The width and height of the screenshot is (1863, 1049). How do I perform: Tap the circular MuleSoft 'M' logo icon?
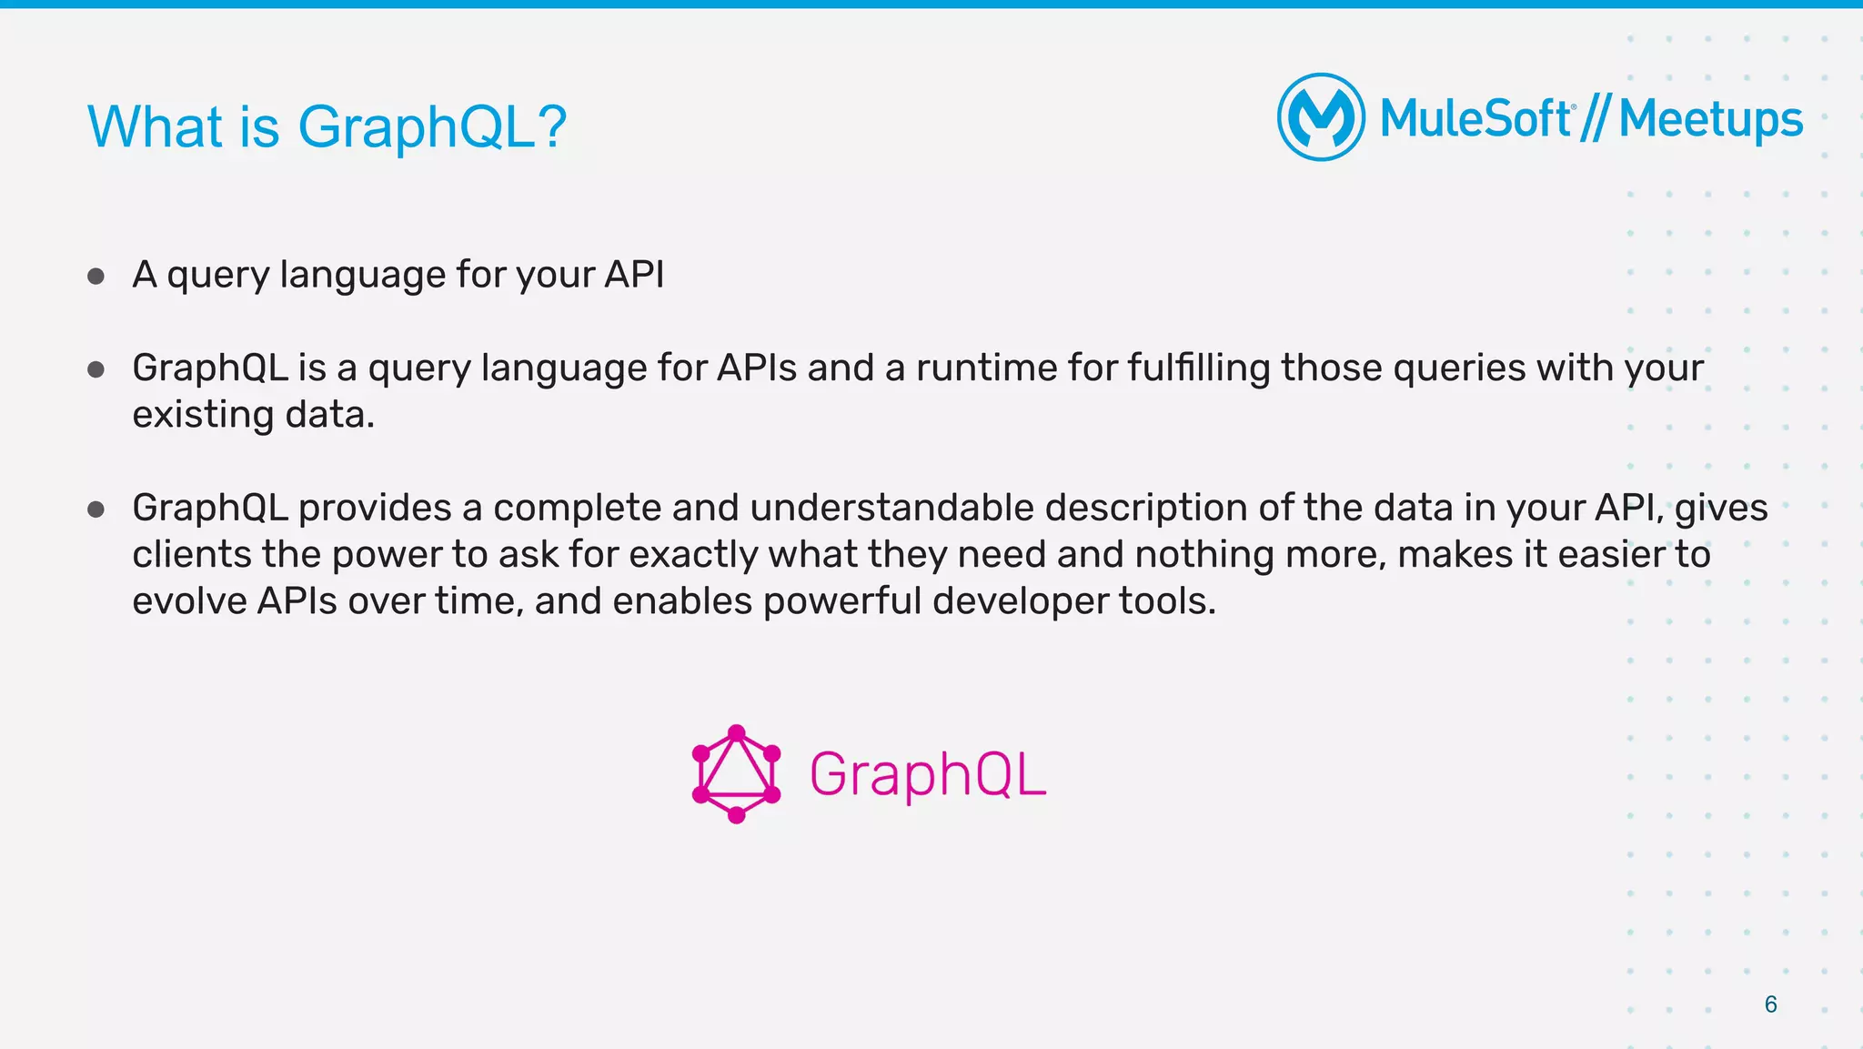[1321, 117]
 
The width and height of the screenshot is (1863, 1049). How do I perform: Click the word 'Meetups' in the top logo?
[1710, 119]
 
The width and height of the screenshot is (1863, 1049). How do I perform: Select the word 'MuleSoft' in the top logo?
[1475, 119]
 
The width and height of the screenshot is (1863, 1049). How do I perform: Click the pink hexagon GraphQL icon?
[737, 774]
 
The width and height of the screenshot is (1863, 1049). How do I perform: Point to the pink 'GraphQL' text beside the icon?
[927, 775]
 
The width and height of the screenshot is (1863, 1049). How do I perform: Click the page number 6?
[1770, 1004]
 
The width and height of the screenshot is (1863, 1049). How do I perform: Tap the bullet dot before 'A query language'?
[96, 276]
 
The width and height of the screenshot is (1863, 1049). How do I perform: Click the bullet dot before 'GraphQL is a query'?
[96, 369]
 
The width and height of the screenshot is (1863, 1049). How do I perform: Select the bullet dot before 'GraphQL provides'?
[96, 509]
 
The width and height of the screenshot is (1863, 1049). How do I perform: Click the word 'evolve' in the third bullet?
[189, 601]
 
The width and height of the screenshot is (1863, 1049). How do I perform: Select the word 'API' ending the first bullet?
[634, 275]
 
